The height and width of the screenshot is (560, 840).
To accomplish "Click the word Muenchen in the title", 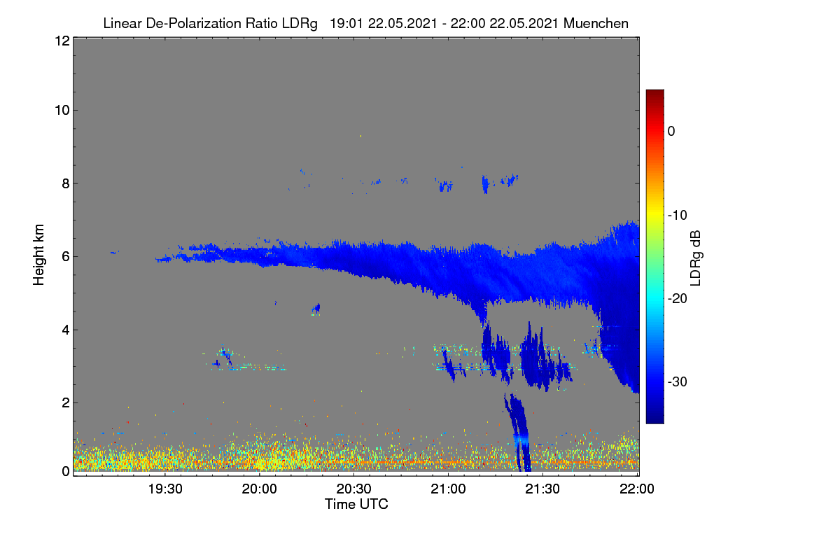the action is coord(596,24).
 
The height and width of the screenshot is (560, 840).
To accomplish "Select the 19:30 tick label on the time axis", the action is coord(165,489).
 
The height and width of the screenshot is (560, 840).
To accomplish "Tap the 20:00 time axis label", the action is coord(260,489).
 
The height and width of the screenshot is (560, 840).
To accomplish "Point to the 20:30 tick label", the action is coord(353,489).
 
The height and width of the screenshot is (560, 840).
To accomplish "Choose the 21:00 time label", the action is coord(448,489).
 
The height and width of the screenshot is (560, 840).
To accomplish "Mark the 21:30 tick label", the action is coord(542,489).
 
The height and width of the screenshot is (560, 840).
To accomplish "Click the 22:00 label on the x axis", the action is coord(637,489).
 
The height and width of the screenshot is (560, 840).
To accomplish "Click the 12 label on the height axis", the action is coord(62,41).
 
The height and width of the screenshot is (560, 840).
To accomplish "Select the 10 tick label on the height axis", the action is coord(62,111).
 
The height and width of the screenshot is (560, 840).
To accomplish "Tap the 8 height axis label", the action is coord(66,184).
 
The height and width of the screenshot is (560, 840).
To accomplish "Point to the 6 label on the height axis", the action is coord(66,257).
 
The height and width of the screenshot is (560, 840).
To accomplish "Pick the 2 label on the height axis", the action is coord(66,402).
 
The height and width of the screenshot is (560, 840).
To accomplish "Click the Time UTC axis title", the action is coord(356,505).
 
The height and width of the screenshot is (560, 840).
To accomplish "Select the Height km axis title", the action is coord(38,255).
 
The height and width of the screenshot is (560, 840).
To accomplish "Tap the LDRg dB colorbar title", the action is coord(696,258).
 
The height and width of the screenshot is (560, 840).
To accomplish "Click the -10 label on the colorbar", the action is coord(678,216).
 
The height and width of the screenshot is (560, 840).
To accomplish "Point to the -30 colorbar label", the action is coord(678,381).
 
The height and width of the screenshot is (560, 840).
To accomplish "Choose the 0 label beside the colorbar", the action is coord(671,132).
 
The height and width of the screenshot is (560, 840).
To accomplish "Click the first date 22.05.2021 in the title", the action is coord(402,24).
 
